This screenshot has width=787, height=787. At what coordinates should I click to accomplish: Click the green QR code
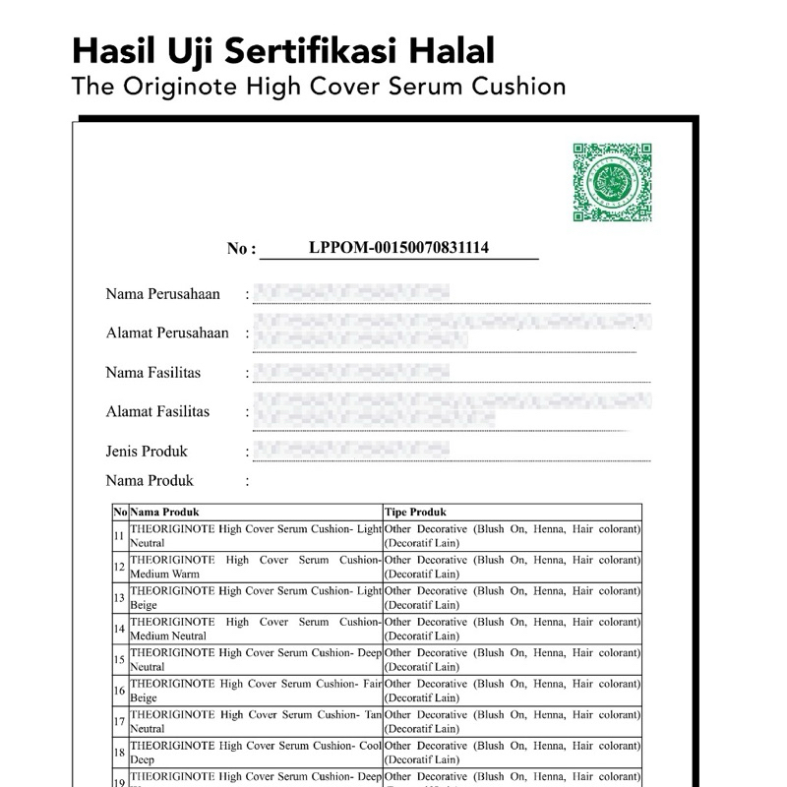point(612,182)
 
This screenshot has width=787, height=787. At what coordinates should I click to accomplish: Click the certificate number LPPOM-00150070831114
point(398,248)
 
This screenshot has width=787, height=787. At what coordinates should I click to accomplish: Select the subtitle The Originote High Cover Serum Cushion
point(319,87)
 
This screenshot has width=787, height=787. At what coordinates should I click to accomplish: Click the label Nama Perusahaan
point(162,294)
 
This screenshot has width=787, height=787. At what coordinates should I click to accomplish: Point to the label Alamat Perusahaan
point(167,333)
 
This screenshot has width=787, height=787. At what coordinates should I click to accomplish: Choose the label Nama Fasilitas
point(153,372)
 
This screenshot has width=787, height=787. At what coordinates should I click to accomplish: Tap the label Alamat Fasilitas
point(157,411)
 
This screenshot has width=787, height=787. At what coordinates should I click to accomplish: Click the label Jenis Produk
point(147,451)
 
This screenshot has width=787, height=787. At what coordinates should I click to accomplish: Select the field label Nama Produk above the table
point(150,480)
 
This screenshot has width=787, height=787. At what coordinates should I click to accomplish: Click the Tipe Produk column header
point(415,513)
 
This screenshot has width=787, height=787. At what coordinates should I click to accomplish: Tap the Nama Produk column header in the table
point(165,513)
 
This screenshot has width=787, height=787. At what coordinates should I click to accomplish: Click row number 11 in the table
point(119,536)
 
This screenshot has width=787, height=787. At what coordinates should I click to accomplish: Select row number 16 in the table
point(119,691)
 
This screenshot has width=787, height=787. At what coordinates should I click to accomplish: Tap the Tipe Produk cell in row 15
point(512,659)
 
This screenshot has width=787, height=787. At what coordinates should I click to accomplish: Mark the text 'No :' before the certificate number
point(241,249)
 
